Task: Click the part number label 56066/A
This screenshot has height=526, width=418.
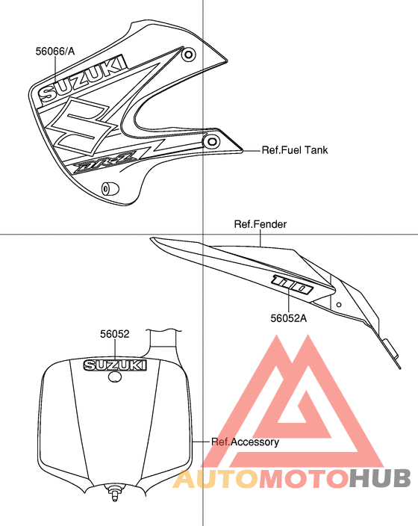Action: point(55,52)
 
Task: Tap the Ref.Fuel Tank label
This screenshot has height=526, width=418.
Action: point(294,150)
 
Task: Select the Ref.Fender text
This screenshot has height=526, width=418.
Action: point(260,224)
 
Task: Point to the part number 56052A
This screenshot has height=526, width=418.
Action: point(289,318)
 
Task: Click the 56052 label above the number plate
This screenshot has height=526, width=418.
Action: point(115,334)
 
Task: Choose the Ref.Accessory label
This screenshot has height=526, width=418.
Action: point(245,442)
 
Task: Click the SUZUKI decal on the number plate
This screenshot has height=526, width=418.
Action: point(115,365)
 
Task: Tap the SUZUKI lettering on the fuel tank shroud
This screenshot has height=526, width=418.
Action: point(84,78)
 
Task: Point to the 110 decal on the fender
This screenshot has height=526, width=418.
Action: point(293,285)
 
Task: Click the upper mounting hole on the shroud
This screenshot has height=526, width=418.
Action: point(189,55)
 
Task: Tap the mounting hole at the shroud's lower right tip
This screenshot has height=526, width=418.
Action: point(212,141)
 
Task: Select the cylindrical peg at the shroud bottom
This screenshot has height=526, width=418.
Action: point(110,189)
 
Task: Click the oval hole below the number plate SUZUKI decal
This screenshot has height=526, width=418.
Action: point(115,377)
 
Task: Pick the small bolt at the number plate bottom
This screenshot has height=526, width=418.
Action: point(115,493)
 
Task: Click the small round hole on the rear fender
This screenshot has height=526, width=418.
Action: point(339,305)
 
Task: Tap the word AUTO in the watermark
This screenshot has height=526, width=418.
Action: point(217,479)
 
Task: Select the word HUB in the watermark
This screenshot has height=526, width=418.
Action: point(378,478)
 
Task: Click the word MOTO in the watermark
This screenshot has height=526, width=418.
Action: point(304,479)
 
